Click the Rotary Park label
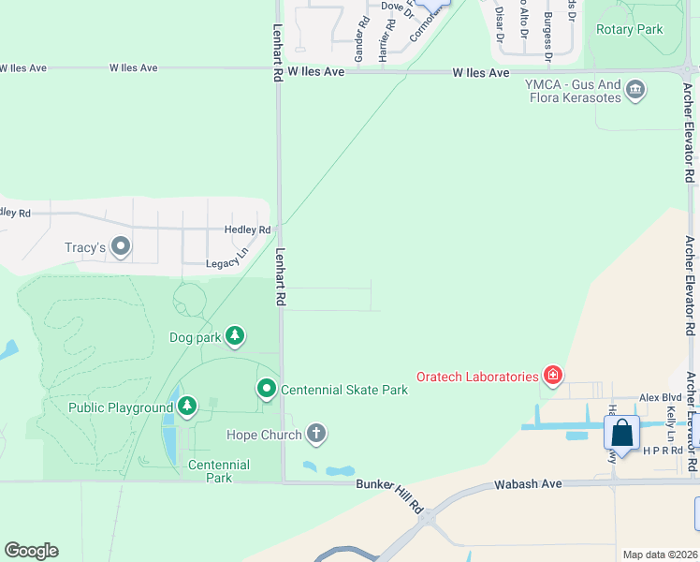click(x=629, y=30)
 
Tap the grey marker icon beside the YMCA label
click(x=635, y=90)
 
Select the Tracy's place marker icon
click(x=121, y=247)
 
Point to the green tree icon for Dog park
click(x=234, y=335)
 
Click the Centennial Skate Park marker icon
click(x=267, y=388)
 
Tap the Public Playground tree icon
click(x=188, y=406)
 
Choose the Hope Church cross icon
click(x=316, y=434)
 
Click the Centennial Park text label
click(x=218, y=471)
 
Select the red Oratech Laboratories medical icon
click(x=553, y=376)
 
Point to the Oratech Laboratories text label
click(x=477, y=377)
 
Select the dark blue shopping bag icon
click(x=621, y=434)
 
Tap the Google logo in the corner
click(x=31, y=550)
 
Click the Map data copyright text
click(x=659, y=555)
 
